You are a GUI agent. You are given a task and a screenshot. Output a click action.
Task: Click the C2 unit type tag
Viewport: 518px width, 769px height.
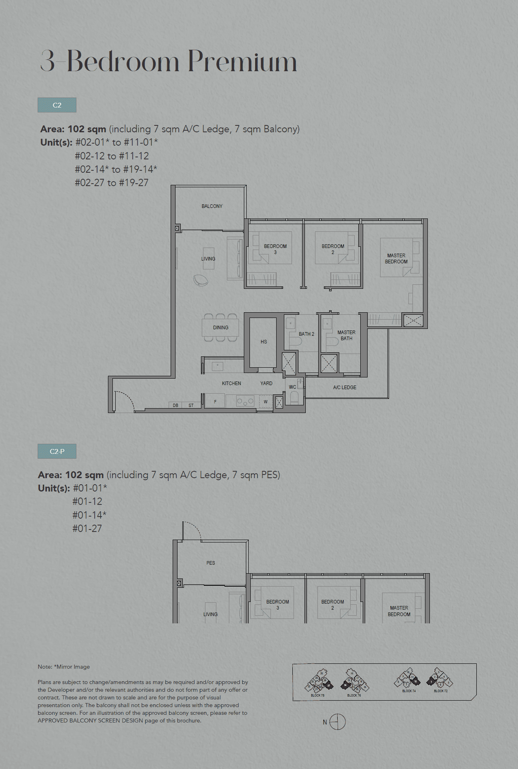point(57,105)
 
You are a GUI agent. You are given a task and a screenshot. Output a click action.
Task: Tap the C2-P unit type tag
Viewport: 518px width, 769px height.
point(57,451)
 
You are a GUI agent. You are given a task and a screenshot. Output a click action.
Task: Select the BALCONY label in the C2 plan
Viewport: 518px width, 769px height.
point(212,206)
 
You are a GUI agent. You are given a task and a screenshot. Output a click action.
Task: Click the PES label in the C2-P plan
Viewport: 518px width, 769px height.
point(211,563)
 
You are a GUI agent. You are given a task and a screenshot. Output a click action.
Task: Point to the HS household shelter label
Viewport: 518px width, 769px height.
point(264,342)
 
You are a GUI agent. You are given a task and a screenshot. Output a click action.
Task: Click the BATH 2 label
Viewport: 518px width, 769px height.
point(306,334)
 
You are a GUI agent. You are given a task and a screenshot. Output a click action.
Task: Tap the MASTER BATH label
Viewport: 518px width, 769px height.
point(346,335)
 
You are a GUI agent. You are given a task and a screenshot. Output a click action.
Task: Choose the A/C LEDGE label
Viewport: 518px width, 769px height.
point(345,388)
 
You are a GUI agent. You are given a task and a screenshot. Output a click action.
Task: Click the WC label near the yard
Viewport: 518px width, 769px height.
point(292,387)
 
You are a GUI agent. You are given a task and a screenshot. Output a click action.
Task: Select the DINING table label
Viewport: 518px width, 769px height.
point(220,328)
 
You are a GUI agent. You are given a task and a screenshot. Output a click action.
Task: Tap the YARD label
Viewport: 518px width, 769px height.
point(266,383)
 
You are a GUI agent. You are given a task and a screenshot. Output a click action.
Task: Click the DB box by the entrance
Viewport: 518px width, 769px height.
point(175,405)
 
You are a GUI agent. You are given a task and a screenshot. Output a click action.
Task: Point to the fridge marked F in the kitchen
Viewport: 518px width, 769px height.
point(215,402)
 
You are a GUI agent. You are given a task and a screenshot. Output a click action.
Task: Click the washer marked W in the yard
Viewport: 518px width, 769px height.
point(266,402)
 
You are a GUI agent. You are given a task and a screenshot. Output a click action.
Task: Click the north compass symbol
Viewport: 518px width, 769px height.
point(337,722)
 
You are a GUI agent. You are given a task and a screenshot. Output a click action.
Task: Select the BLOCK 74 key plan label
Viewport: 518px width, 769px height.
point(409,691)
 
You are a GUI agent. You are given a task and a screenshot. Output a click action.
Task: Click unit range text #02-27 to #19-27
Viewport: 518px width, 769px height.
point(112,183)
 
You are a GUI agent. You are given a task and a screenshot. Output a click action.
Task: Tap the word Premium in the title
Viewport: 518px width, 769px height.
point(242,62)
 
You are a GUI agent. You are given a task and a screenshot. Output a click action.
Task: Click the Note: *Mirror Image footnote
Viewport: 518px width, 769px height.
point(64,667)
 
